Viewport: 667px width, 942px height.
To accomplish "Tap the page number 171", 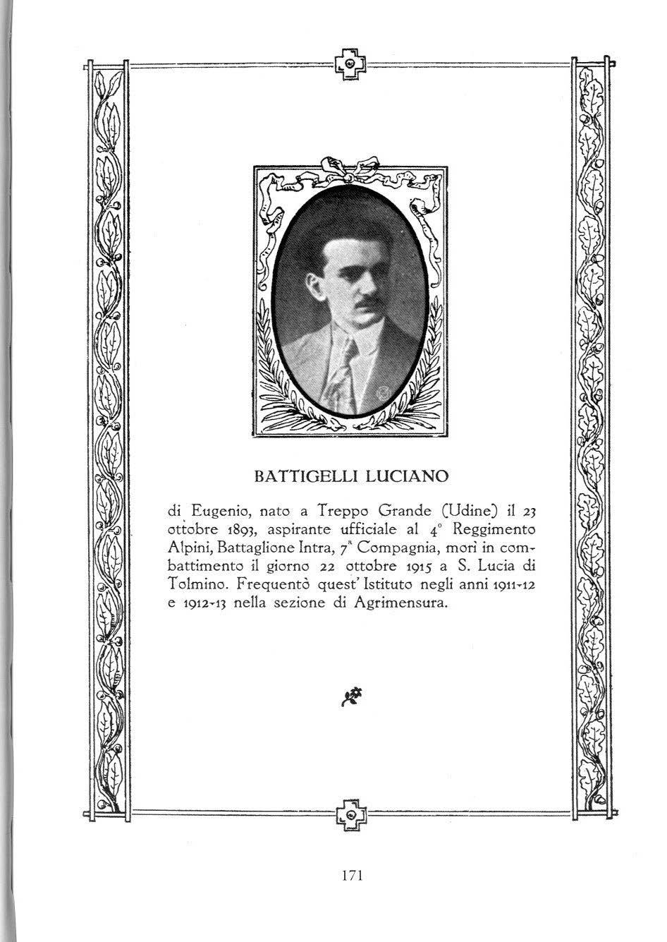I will point(350,875).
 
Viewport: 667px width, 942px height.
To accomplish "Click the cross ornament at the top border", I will point(350,64).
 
